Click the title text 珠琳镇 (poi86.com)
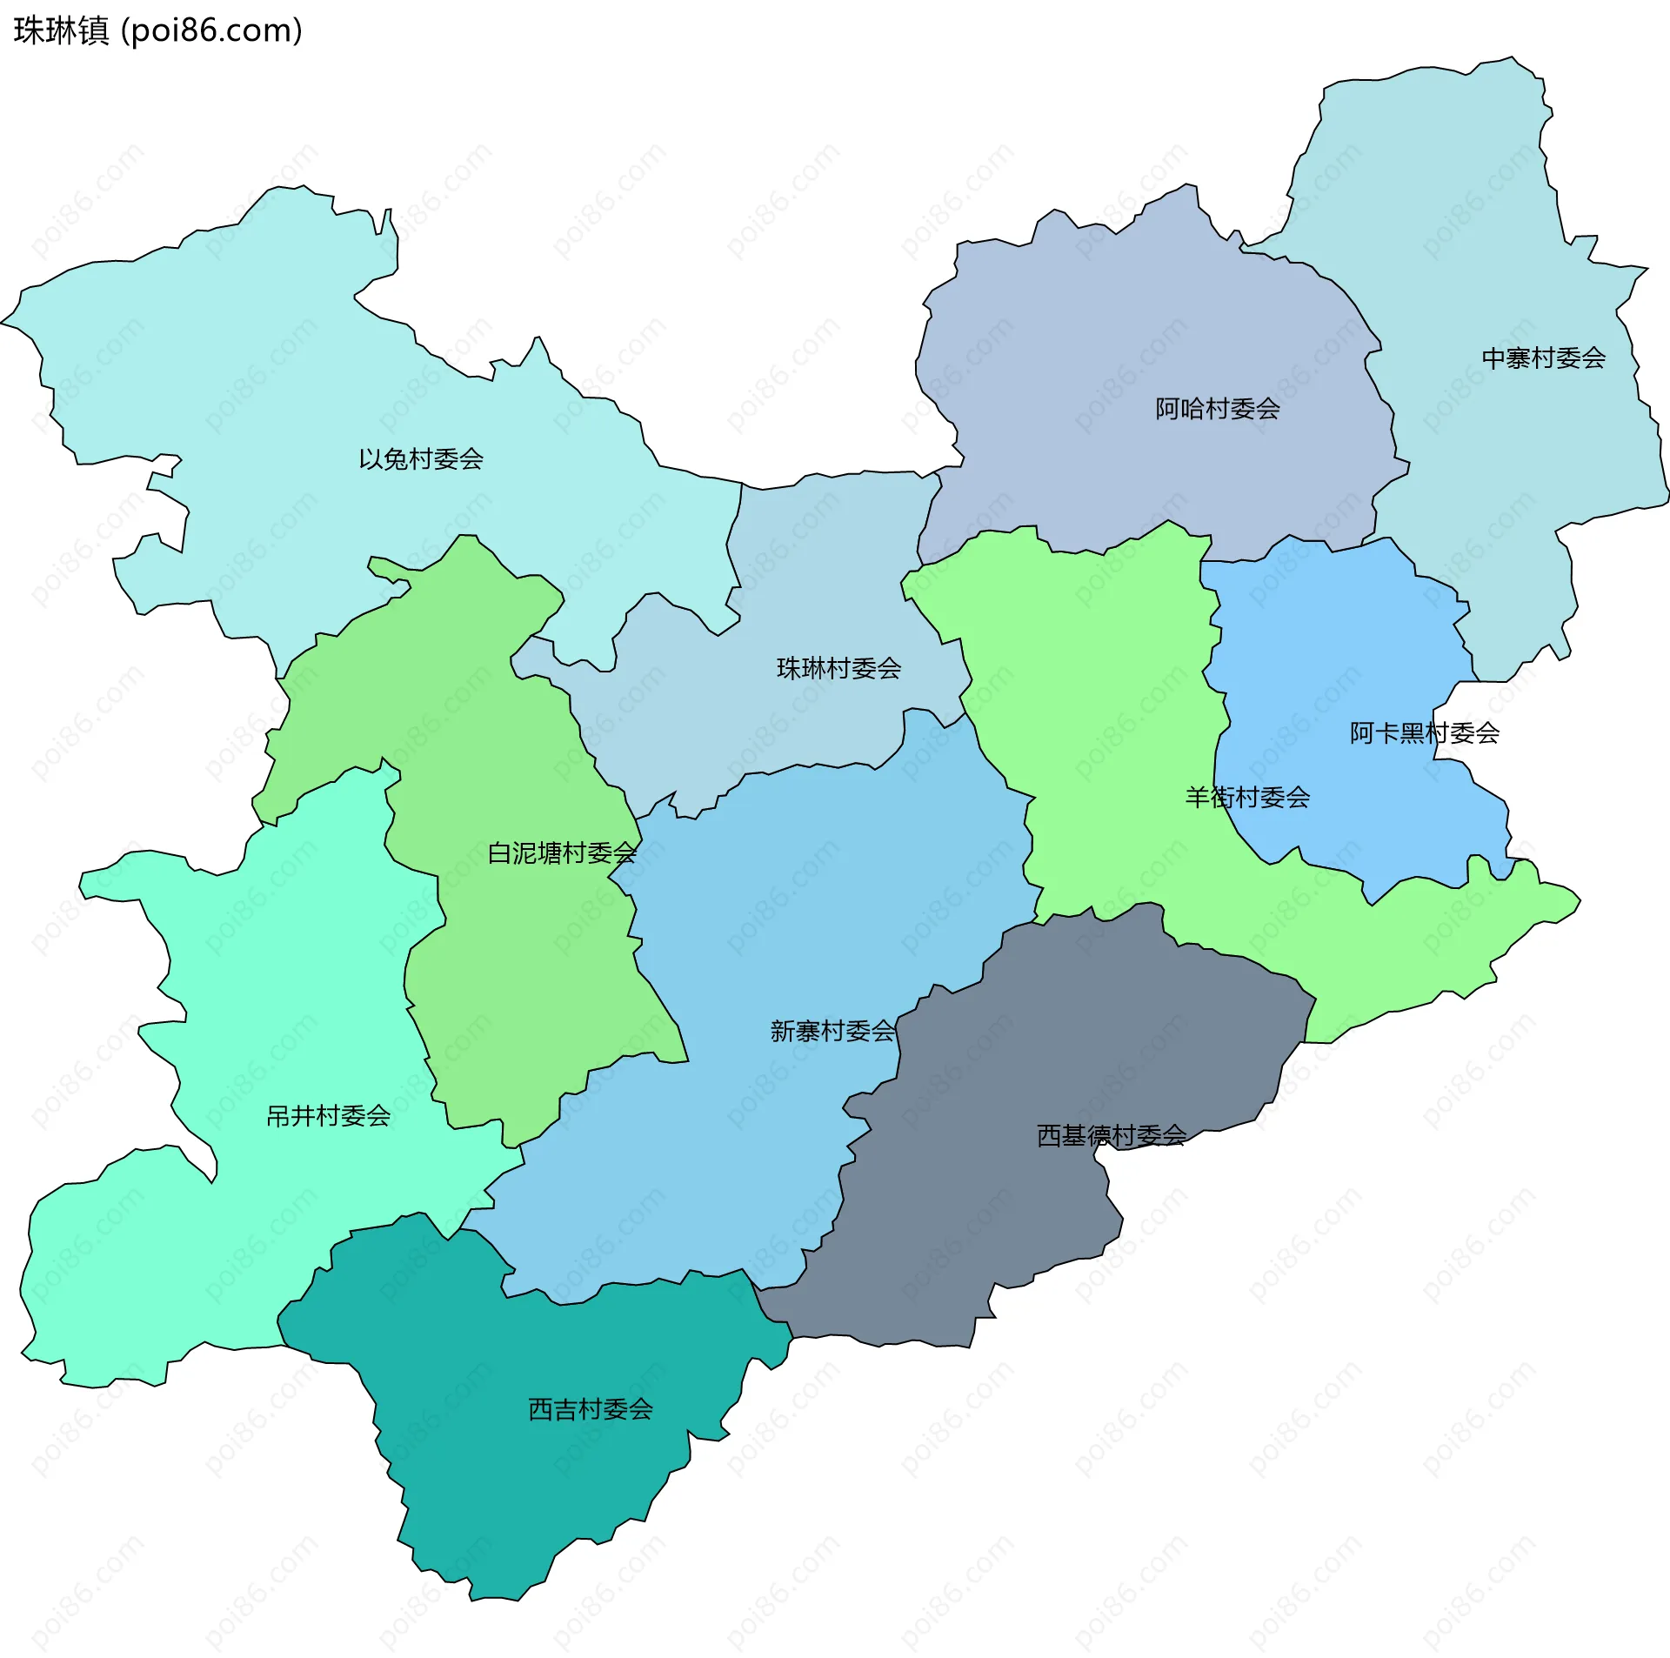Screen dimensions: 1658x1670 (157, 30)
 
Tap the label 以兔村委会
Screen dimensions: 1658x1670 (421, 459)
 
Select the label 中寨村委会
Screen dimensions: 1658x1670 (1543, 358)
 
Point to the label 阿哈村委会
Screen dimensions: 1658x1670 (1217, 409)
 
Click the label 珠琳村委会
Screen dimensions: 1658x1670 (838, 668)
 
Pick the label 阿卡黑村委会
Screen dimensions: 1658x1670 (1424, 733)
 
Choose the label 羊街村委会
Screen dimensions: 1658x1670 (1247, 797)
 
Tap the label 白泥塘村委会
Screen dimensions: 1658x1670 (562, 852)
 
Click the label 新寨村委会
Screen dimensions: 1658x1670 (832, 1031)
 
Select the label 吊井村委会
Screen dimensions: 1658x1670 (328, 1115)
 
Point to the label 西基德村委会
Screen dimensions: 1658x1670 (1111, 1135)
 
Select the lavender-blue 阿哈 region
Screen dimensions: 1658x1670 (1131, 331)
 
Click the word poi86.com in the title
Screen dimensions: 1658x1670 (211, 30)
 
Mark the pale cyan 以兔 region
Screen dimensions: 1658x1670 (261, 365)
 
